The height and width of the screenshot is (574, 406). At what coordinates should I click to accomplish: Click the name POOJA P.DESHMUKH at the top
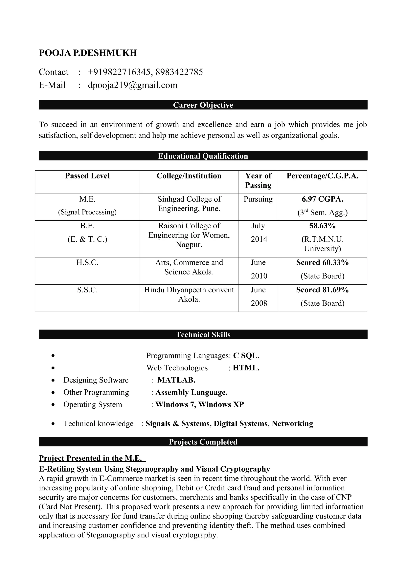pyautogui.click(x=88, y=53)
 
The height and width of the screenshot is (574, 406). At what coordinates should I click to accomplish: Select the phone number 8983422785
pyautogui.click(x=179, y=72)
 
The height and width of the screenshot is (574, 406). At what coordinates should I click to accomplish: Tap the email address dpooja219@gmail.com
pyautogui.click(x=133, y=85)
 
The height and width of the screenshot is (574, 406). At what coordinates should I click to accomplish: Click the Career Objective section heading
pyautogui.click(x=203, y=105)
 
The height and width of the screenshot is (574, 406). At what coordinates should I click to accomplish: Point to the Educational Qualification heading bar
pyautogui.click(x=203, y=156)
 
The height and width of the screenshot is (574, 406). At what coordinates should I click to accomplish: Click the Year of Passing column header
pyautogui.click(x=258, y=180)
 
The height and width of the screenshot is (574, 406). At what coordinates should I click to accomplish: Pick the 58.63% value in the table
pyautogui.click(x=322, y=226)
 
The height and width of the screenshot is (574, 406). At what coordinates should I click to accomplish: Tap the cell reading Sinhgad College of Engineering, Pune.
pyautogui.click(x=189, y=204)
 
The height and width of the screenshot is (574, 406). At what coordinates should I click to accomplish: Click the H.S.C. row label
pyautogui.click(x=87, y=262)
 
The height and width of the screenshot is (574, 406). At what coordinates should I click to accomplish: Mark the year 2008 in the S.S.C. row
pyautogui.click(x=259, y=303)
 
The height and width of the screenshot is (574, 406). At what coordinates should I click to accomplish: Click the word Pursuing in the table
pyautogui.click(x=258, y=199)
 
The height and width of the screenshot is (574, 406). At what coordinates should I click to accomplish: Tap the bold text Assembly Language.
pyautogui.click(x=191, y=392)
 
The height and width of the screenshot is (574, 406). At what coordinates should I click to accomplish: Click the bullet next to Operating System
pyautogui.click(x=53, y=405)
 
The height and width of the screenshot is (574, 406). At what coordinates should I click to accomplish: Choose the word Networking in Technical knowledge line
pyautogui.click(x=292, y=423)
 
